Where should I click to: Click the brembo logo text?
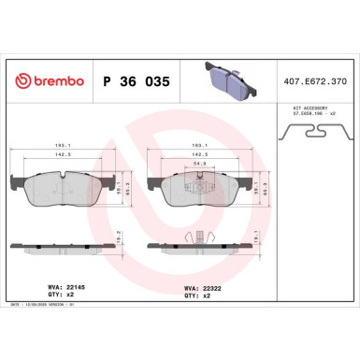click(50, 81)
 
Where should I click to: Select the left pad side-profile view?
click(62, 244)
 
